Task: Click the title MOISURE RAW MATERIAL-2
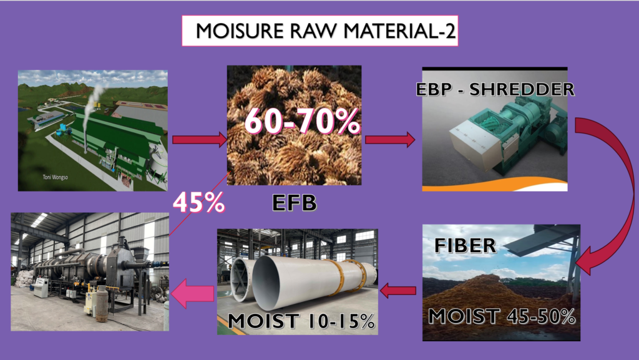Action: (325, 31)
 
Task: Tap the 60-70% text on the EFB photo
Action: (302, 121)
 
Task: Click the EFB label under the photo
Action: (295, 203)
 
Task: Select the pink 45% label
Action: (198, 202)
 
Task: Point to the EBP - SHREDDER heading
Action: (495, 90)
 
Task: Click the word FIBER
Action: (465, 246)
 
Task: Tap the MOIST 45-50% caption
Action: (502, 316)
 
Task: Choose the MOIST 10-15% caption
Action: (301, 321)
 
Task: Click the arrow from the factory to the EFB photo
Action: (200, 140)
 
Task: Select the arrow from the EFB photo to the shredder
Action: (390, 140)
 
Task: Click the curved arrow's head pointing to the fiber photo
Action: (587, 261)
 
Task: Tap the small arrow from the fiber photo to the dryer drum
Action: (398, 291)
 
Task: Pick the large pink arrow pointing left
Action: (192, 293)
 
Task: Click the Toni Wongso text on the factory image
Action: (56, 177)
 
